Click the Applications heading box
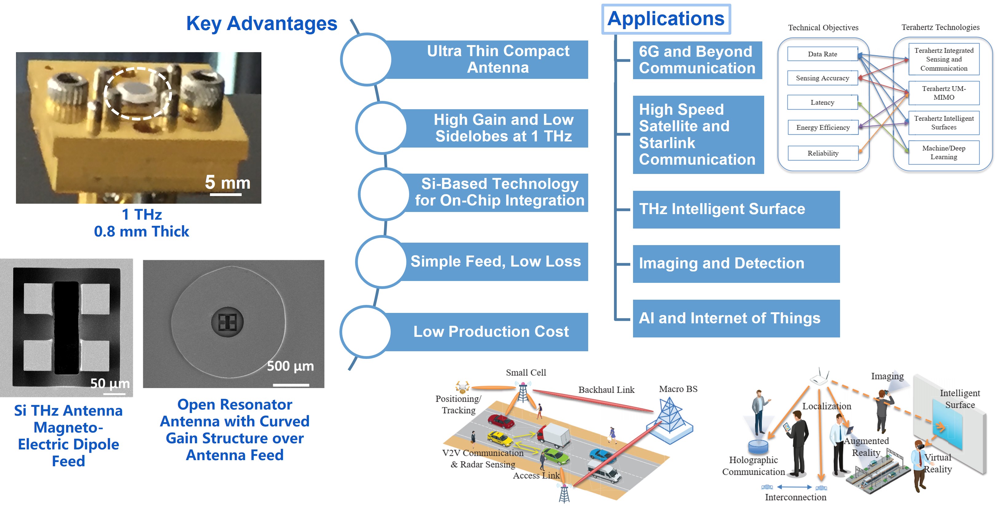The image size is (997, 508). tap(666, 19)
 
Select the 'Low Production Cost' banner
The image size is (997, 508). tap(491, 332)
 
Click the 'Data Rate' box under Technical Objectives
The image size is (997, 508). tap(823, 54)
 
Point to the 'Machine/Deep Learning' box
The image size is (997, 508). tap(944, 153)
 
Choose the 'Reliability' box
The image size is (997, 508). tap(823, 153)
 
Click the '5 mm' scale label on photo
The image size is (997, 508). tap(228, 183)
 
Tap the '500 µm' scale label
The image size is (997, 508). tap(290, 366)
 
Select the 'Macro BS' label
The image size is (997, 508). tap(678, 389)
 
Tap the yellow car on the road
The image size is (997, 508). tap(500, 438)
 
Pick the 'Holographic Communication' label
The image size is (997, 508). tap(753, 466)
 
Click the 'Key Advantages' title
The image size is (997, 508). tap(262, 24)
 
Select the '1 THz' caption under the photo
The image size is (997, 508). tap(142, 214)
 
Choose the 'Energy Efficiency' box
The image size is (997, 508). tap(823, 128)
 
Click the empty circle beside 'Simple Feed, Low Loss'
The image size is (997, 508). tap(381, 262)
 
